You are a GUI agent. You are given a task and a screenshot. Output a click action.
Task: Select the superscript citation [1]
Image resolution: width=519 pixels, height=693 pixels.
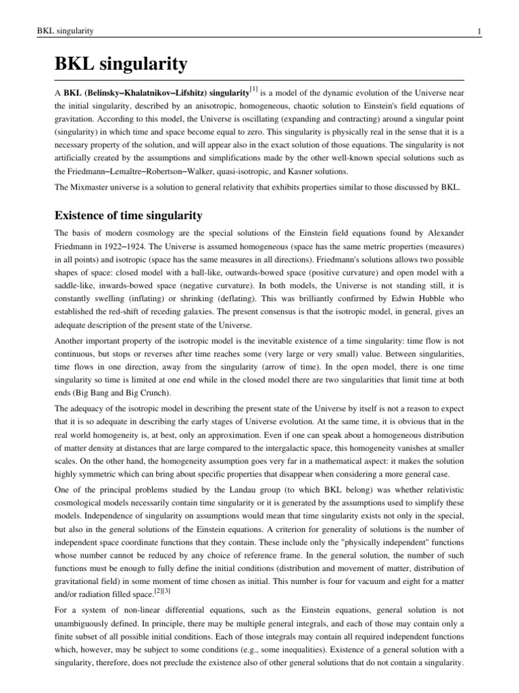click(x=253, y=88)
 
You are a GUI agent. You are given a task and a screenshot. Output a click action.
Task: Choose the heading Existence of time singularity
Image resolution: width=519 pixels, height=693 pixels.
click(x=128, y=216)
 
